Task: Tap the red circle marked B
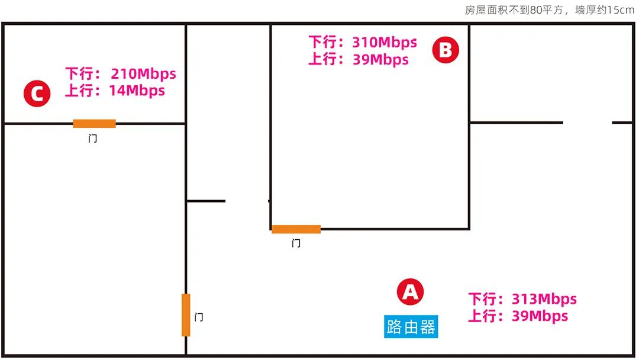[446, 50]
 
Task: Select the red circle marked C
[37, 94]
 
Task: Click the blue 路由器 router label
[411, 326]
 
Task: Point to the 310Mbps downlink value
[384, 43]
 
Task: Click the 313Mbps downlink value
[544, 299]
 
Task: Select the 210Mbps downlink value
[143, 74]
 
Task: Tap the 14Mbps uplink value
[137, 91]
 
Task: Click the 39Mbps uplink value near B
[380, 59]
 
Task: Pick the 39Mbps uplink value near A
[540, 316]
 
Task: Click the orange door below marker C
[94, 123]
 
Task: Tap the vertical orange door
[186, 314]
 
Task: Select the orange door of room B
[296, 229]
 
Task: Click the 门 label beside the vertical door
[199, 317]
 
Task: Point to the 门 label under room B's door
[296, 243]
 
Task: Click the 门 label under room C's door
[92, 139]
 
